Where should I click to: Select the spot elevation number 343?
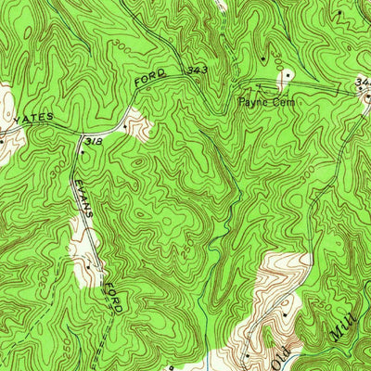(x=195, y=70)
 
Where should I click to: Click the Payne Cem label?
(x=266, y=102)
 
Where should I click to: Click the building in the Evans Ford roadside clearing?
(x=87, y=263)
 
